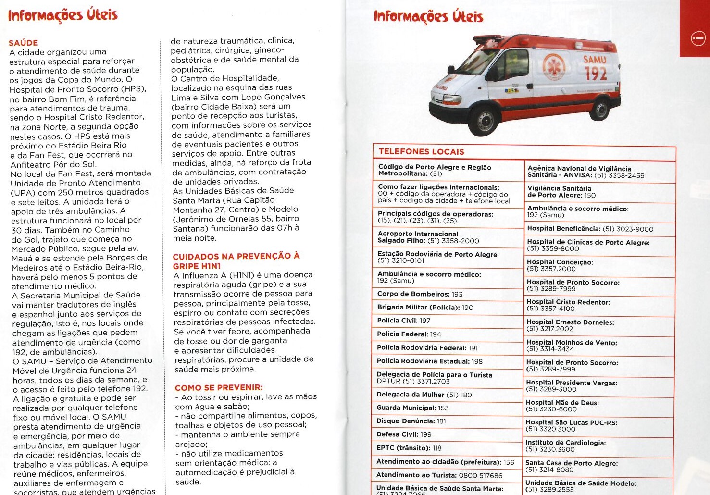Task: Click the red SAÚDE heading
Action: coord(23,43)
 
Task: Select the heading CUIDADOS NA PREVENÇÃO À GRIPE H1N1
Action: coord(236,261)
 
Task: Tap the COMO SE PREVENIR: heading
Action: coord(219,387)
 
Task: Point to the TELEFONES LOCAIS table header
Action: coord(421,152)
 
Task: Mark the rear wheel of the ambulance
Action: coord(599,109)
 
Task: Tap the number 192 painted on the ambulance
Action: coord(595,74)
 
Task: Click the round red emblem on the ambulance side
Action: coord(553,67)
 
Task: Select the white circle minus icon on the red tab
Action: coord(698,38)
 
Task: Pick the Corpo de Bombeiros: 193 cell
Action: coord(420,294)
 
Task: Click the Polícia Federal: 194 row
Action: coord(409,334)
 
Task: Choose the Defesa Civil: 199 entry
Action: coord(404,434)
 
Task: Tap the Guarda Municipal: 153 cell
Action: coord(412,408)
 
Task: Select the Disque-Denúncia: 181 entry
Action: coord(411,421)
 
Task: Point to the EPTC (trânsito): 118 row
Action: coord(409,448)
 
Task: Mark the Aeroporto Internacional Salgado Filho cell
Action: coord(428,237)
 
